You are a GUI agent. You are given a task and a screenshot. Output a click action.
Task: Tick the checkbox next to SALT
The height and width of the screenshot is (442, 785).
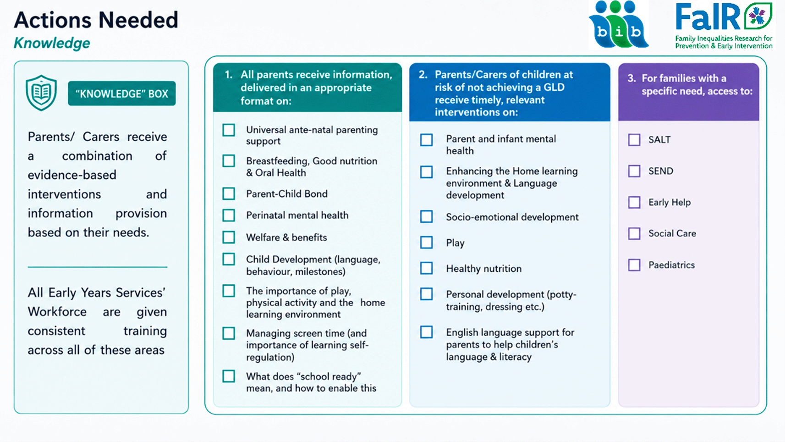(634, 140)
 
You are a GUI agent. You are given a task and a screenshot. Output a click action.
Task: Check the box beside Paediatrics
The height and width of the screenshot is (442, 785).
(634, 265)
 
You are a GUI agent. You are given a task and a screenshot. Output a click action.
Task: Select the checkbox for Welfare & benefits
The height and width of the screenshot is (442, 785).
(229, 238)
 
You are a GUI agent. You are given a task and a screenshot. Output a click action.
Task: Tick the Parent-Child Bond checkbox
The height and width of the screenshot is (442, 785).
(229, 193)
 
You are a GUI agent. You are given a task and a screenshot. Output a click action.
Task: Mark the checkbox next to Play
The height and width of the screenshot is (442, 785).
(427, 243)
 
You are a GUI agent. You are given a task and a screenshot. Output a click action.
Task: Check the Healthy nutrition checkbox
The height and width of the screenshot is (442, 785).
(427, 269)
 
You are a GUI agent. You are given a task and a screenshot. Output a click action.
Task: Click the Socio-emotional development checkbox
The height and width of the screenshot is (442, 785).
(427, 216)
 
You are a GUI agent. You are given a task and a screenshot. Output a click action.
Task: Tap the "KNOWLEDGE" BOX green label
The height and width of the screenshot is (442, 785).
(121, 94)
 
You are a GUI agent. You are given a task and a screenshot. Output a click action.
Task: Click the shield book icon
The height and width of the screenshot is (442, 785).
(41, 93)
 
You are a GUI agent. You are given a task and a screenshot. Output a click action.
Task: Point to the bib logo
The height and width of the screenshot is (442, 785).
(619, 25)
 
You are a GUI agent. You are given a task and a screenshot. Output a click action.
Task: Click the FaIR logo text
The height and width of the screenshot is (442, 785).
(708, 17)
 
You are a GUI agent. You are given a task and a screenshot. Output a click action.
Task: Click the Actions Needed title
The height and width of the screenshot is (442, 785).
(96, 20)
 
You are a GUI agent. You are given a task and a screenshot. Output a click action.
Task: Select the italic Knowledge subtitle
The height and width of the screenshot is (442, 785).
(52, 43)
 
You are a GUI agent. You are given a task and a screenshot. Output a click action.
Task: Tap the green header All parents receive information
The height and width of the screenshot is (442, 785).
(307, 88)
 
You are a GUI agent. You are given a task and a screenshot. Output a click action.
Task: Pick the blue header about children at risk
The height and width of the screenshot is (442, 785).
(510, 93)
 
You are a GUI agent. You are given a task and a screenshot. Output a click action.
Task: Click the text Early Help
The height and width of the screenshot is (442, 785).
(670, 203)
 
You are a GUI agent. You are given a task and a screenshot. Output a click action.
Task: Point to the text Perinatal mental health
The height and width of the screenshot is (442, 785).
(297, 215)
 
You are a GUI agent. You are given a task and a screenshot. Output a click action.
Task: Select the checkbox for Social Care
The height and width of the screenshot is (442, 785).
(634, 233)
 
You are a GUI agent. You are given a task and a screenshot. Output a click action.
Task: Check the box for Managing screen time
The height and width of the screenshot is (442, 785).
(229, 333)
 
